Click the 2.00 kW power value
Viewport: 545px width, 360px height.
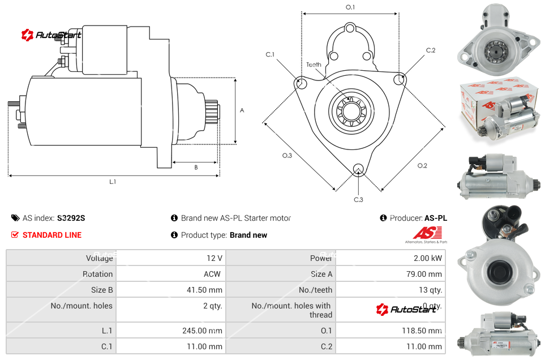[428, 258]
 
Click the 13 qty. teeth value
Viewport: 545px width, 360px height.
[428, 290]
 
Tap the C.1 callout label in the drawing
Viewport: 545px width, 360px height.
[270, 54]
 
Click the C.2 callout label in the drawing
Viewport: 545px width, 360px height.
[431, 50]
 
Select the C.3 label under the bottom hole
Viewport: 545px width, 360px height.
[358, 199]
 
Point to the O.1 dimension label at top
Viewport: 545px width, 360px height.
[350, 7]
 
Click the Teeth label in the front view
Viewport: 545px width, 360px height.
[314, 65]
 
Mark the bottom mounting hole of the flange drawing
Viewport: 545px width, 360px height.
[358, 169]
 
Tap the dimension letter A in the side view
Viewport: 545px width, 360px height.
[242, 110]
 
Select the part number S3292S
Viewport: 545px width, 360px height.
[71, 218]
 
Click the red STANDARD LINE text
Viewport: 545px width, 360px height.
[52, 235]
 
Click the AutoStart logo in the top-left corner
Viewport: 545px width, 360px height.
[52, 35]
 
